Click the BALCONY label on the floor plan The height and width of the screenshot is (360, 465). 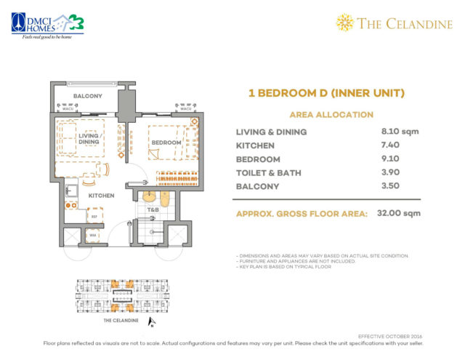point(87,96)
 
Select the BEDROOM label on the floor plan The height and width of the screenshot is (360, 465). point(166,143)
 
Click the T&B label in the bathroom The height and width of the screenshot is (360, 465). point(153,211)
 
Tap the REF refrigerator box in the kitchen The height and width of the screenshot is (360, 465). point(94,216)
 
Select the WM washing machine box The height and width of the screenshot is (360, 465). point(92,235)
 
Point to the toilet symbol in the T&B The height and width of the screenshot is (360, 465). point(165,199)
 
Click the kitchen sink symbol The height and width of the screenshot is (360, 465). point(72,191)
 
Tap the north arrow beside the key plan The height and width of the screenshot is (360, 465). point(150,321)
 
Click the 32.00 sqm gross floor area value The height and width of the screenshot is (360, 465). point(401,214)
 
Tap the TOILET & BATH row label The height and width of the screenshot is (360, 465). point(269,173)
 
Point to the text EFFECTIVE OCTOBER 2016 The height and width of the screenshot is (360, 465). point(391,336)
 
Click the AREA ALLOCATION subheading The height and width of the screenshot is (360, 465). point(331,115)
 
